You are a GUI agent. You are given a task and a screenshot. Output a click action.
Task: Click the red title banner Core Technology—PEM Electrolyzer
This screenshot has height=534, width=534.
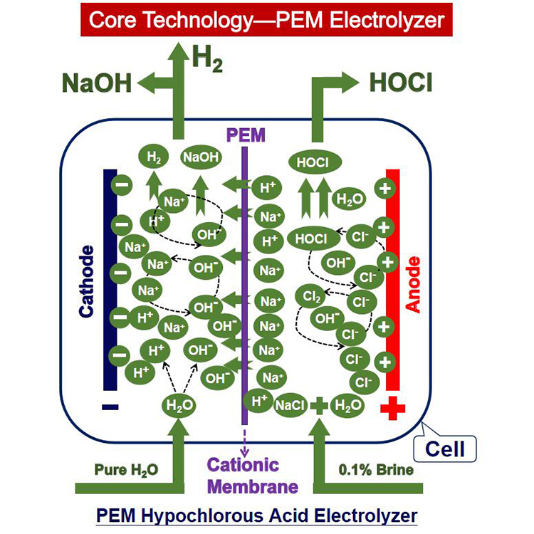coord(266,19)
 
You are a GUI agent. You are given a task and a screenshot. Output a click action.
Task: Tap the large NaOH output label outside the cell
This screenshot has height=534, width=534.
coord(98,83)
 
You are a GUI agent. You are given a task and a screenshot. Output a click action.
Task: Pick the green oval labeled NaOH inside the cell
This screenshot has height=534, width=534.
coord(201,157)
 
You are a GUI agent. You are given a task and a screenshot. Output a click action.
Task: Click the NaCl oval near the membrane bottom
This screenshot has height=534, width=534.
coord(290,405)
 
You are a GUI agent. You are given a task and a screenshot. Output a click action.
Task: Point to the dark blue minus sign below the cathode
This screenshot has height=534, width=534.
coord(110,407)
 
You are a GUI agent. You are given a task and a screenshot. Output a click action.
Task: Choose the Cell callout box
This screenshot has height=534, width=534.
coord(444,449)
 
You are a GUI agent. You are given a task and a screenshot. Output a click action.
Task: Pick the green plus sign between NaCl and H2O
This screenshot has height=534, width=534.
coord(319,406)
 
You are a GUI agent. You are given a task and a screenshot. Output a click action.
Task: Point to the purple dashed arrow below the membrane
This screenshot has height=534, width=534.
coord(244,440)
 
